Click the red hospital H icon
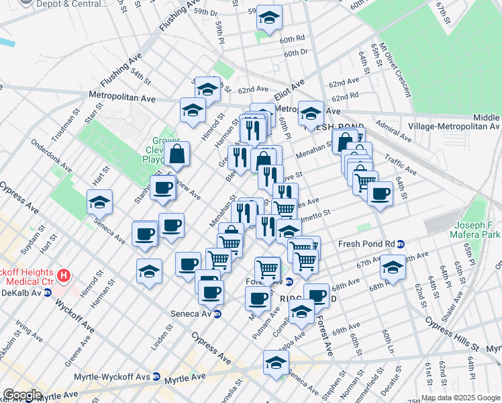point(64,275)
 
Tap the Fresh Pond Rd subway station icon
point(401,244)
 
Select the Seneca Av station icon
point(217,314)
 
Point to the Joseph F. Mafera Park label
point(477,230)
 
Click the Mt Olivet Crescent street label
point(395,71)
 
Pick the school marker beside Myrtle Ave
point(276,363)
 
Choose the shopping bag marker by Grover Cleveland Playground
point(177,154)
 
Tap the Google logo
point(22,395)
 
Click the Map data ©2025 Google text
point(460,397)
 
